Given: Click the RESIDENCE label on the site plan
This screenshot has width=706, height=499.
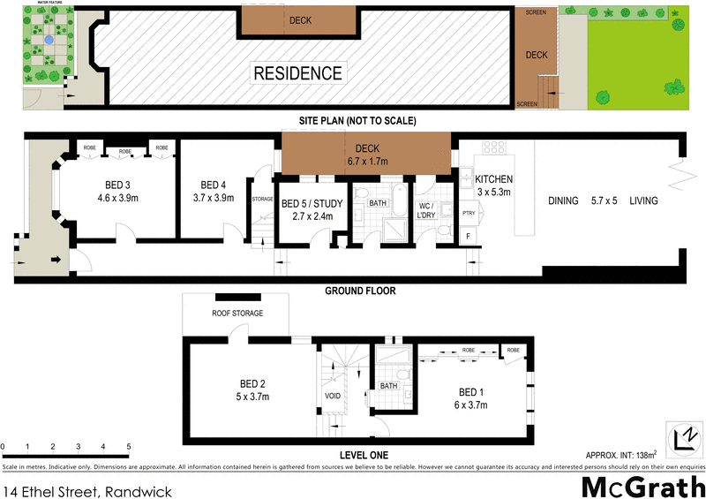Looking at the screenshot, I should (x=297, y=72).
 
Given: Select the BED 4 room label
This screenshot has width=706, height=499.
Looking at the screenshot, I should (x=214, y=185).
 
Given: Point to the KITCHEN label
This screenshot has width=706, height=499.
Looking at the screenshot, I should (x=494, y=179).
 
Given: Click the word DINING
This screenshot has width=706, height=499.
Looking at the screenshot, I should (x=563, y=201).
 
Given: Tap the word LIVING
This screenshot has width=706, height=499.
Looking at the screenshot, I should (x=643, y=201).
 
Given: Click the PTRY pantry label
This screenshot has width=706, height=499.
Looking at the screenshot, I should (x=468, y=213).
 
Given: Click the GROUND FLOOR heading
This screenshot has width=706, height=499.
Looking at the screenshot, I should (x=360, y=291).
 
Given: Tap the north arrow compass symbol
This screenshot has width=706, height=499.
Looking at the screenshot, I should (x=681, y=438).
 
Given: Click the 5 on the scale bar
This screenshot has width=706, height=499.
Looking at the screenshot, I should (x=129, y=447).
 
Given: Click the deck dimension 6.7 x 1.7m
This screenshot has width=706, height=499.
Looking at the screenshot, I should (x=367, y=162).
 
